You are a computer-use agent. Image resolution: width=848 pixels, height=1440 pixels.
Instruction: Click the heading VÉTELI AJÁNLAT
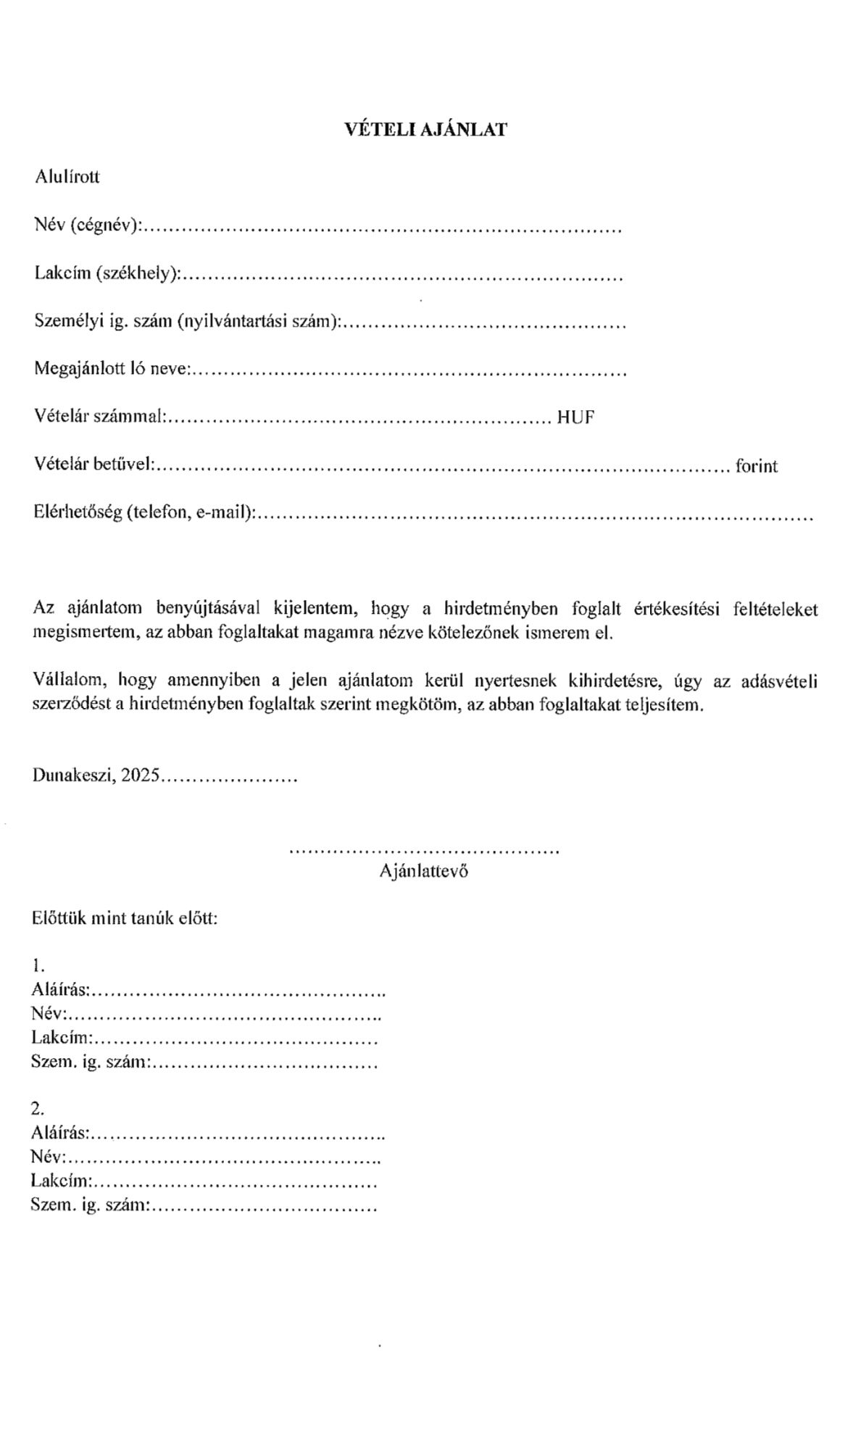tap(425, 130)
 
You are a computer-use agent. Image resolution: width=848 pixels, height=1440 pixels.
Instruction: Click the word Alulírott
tap(67, 177)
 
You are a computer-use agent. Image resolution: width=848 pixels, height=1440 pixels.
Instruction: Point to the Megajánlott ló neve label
tap(112, 369)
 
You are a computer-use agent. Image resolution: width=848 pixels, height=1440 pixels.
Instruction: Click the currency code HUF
tap(575, 417)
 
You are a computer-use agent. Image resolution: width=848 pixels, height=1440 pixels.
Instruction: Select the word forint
tap(756, 466)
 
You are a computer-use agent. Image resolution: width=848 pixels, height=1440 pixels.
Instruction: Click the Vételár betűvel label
tap(93, 465)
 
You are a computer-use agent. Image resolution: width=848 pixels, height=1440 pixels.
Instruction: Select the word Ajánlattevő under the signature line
tap(423, 871)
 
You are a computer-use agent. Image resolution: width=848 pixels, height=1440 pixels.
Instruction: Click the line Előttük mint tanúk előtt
tap(125, 918)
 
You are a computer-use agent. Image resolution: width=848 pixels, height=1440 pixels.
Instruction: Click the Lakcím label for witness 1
tap(62, 1039)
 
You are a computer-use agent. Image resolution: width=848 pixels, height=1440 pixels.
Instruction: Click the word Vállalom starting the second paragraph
tap(70, 681)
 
